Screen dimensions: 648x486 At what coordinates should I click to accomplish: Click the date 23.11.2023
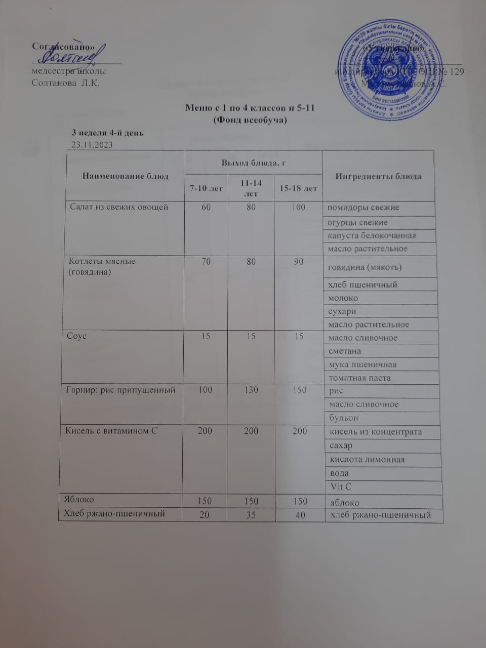point(92,144)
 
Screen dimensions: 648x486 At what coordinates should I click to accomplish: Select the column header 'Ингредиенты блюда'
point(378,176)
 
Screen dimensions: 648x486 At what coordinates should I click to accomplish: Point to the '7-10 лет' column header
point(206,188)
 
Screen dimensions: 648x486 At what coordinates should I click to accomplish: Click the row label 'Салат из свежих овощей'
point(116,207)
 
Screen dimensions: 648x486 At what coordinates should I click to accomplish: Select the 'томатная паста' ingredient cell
point(359,378)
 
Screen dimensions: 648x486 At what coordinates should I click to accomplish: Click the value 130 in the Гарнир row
point(251,390)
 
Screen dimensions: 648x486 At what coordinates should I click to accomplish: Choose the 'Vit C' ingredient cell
point(341,487)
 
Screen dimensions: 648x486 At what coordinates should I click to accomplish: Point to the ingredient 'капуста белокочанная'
point(372,235)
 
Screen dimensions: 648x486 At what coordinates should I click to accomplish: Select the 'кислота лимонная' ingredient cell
point(364,460)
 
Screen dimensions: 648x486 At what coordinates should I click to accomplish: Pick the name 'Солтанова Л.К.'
point(65,83)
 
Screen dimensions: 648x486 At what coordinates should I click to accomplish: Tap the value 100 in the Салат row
point(299,207)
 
